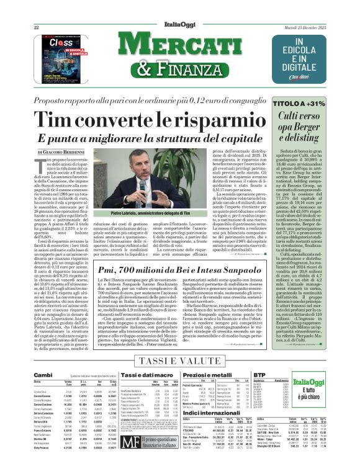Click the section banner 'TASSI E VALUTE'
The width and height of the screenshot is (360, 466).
180,360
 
